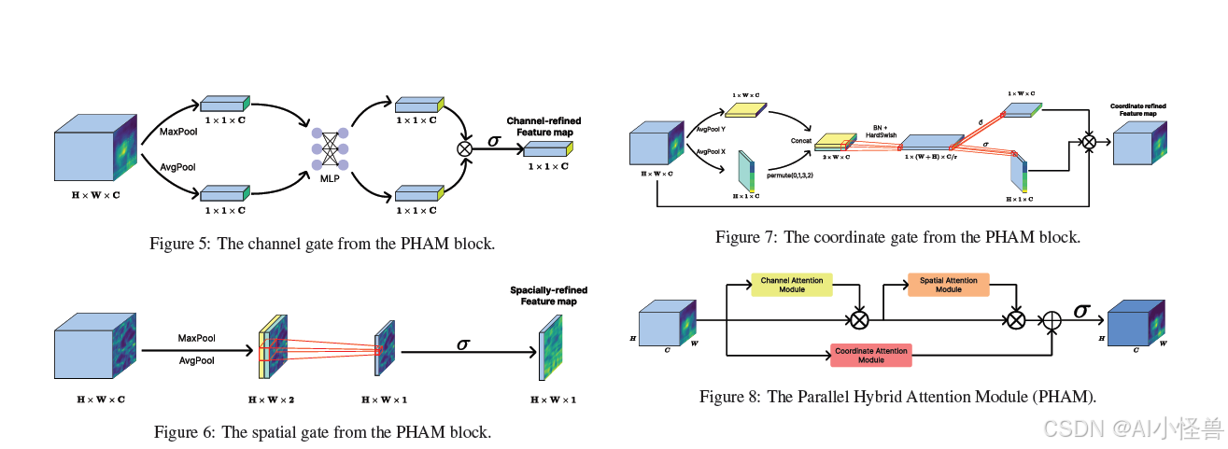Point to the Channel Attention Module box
tap(792, 285)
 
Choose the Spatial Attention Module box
tap(948, 285)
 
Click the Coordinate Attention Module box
tap(870, 354)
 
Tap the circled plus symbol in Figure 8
tap(1052, 319)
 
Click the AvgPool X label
tap(712, 151)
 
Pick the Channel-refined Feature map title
tap(544, 127)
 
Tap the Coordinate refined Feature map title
tap(1137, 110)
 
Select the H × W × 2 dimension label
tap(272, 399)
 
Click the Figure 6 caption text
tap(322, 432)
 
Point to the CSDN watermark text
tap(1132, 428)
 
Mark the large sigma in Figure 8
tap(1081, 310)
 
